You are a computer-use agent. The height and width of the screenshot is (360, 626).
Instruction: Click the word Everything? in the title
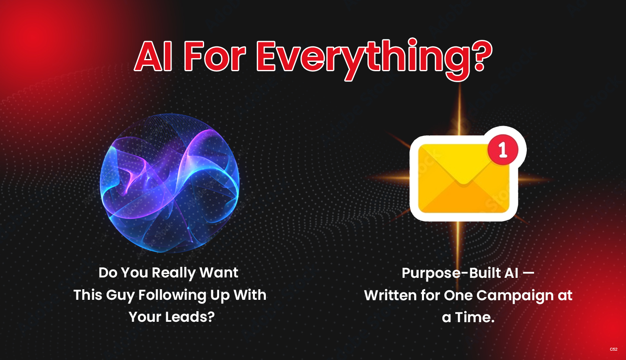pyautogui.click(x=374, y=59)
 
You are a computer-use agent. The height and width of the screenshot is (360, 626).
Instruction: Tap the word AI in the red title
pyautogui.click(x=153, y=56)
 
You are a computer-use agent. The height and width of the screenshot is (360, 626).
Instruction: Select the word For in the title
pyautogui.click(x=214, y=56)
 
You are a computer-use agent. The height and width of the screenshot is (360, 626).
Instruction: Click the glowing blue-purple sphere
pyautogui.click(x=170, y=183)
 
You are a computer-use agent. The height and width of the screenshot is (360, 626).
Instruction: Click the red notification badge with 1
pyautogui.click(x=503, y=150)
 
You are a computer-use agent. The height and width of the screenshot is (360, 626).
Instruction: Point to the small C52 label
pyautogui.click(x=613, y=349)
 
